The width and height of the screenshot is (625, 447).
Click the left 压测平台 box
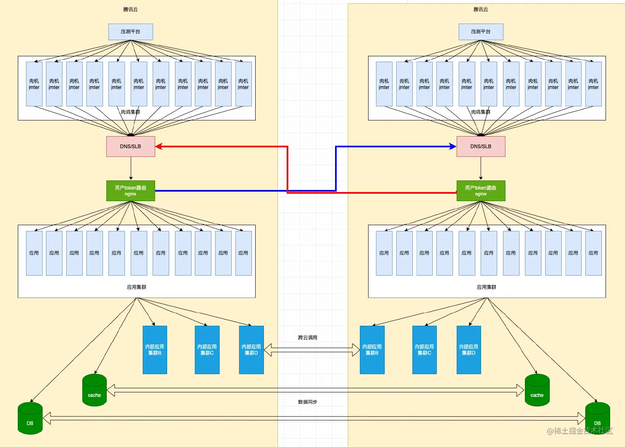tap(131, 32)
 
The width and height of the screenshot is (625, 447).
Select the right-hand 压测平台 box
tap(481, 32)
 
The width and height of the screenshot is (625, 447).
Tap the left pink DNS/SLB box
tap(131, 146)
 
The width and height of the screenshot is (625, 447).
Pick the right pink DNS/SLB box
tap(481, 146)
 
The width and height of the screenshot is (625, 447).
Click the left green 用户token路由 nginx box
tap(131, 191)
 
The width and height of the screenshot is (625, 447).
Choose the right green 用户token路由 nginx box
tap(481, 191)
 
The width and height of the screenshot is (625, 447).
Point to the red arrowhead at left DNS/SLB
tap(158, 146)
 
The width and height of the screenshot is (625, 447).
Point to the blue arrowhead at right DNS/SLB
tap(453, 146)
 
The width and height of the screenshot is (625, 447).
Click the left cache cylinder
tap(94, 390)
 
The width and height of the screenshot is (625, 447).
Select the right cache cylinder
tap(537, 390)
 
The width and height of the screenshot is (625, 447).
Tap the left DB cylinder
tap(30, 418)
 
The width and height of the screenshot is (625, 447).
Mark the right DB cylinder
tap(597, 418)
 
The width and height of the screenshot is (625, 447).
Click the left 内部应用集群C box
tap(207, 350)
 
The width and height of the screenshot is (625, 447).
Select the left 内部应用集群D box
tap(251, 350)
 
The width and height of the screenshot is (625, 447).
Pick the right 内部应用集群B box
tap(372, 350)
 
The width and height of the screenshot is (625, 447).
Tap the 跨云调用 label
tap(307, 338)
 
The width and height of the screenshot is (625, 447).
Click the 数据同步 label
tap(307, 402)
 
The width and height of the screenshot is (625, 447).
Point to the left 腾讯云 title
tap(130, 10)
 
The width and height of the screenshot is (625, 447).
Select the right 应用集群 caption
tap(486, 287)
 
